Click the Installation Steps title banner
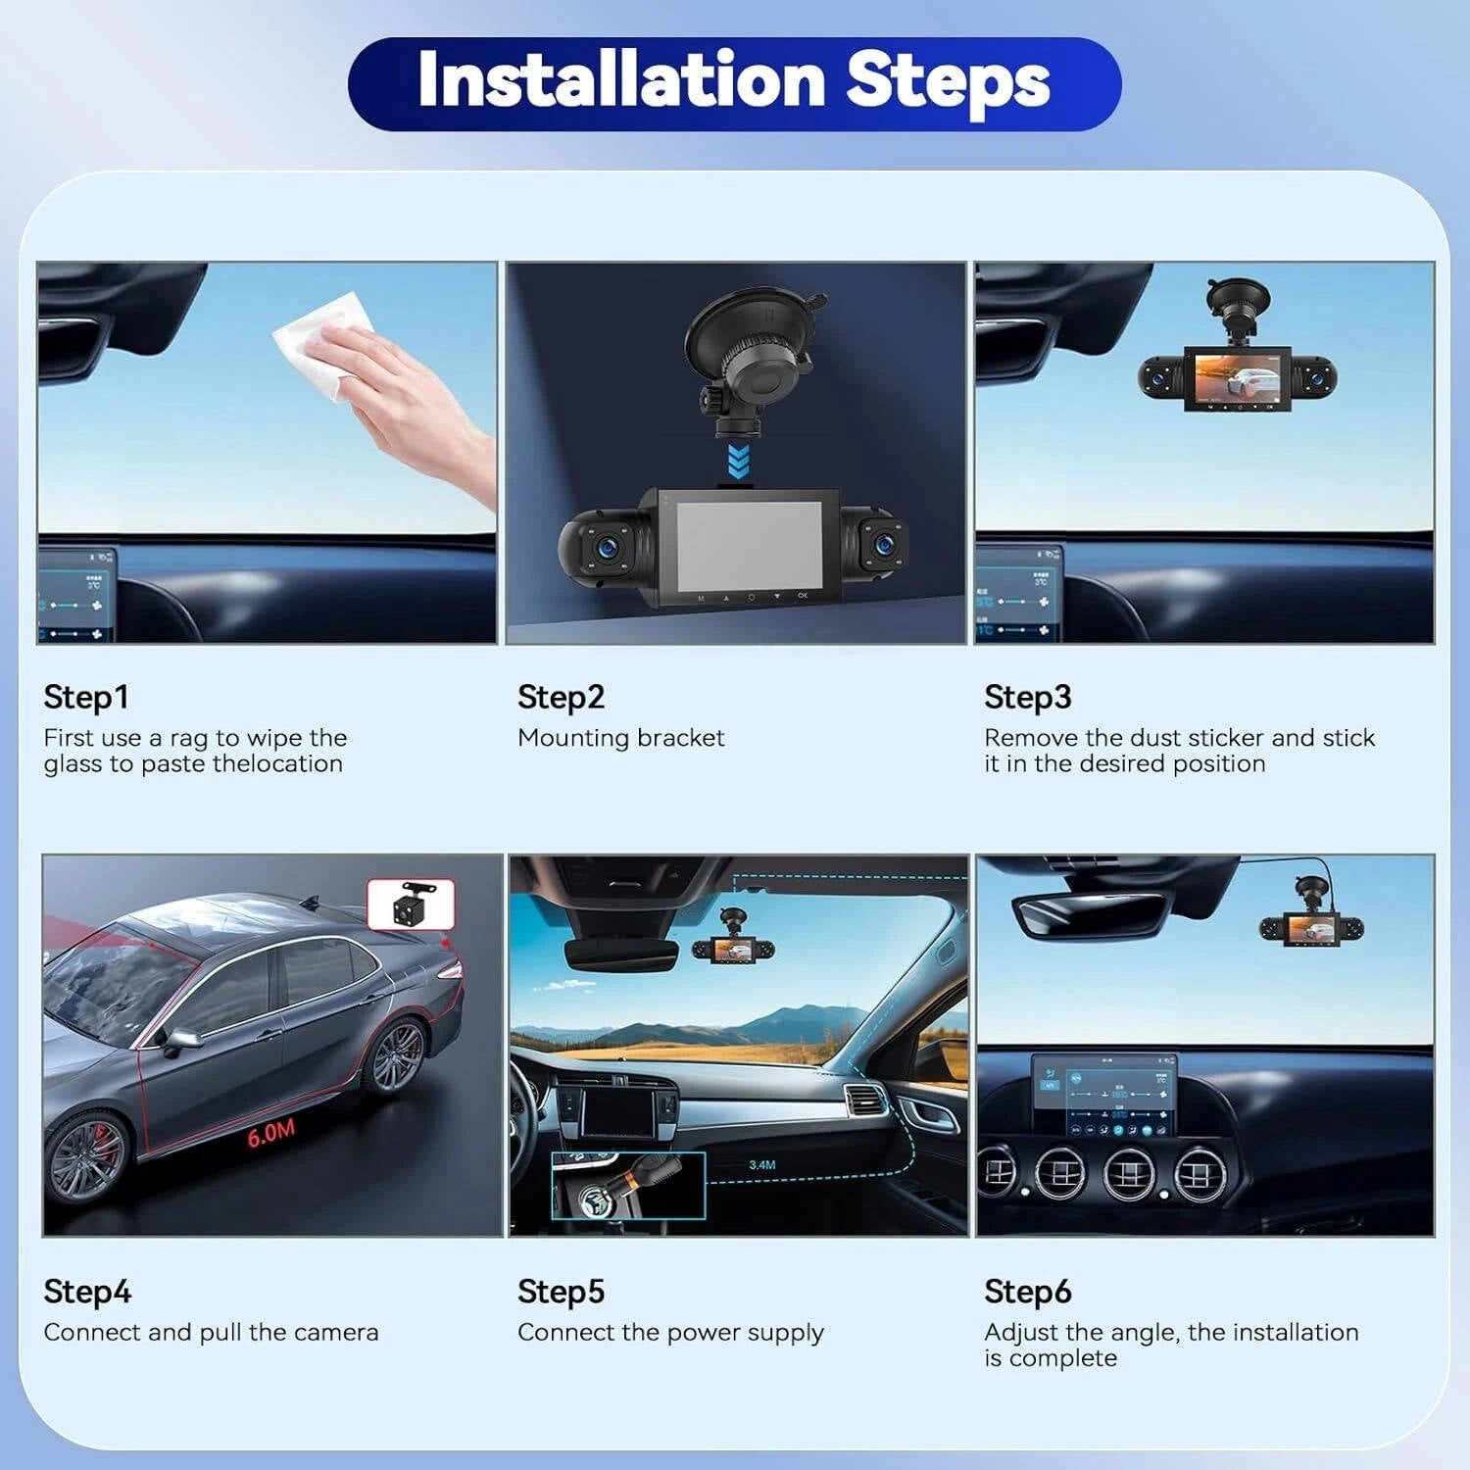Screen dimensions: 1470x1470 [x=734, y=83]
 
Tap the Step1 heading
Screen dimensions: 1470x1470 [x=86, y=697]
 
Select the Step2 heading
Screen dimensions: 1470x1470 [x=561, y=697]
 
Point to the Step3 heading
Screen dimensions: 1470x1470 [x=1028, y=697]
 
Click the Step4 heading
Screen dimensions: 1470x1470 [x=87, y=1292]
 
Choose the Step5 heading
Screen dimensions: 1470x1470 [x=561, y=1292]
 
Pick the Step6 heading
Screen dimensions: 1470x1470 [x=1028, y=1292]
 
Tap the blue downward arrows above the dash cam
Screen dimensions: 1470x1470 [x=738, y=460]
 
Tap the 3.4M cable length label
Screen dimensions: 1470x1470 [x=761, y=1165]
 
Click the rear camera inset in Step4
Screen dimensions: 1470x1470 [x=411, y=905]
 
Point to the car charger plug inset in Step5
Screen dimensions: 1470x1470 [x=628, y=1186]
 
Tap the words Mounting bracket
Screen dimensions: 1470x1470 [x=621, y=738]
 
